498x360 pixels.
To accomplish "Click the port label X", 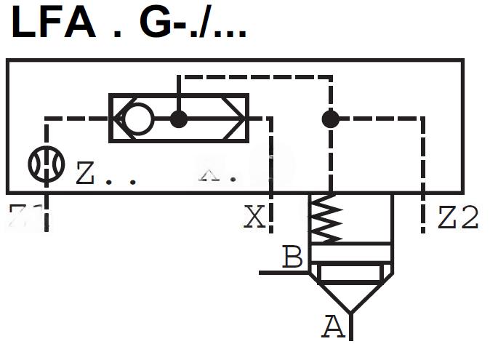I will pos(254,217).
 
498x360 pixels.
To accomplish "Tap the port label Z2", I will pos(458,217).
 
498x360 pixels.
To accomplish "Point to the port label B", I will pos(292,257).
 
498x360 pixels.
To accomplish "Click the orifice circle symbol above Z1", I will pos(46,164).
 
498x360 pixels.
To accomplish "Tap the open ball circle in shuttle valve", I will pos(137,118).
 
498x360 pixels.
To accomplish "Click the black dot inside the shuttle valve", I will pos(179,118).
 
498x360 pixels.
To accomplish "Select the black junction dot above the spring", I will pos(331,118).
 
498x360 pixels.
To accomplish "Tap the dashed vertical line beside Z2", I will pos(424,175).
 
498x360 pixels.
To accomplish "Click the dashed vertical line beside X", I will pos(270,175).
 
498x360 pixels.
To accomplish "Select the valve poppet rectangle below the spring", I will pos(350,273).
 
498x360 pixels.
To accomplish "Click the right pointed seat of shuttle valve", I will pos(236,118).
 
